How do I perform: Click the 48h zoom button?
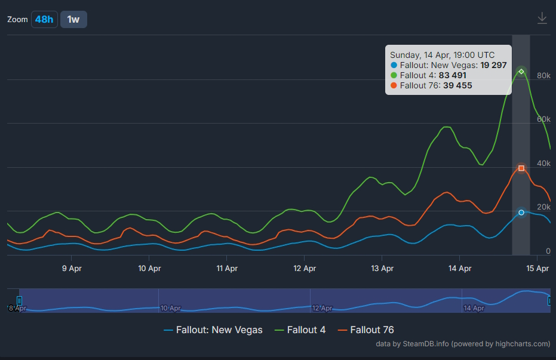point(44,19)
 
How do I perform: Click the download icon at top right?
point(542,19)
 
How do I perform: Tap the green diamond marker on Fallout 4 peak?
point(521,72)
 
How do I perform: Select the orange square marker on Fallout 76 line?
point(521,168)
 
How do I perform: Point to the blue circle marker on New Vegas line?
point(521,213)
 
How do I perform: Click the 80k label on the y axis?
point(543,76)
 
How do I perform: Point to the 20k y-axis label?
point(543,207)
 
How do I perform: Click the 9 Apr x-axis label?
point(72,269)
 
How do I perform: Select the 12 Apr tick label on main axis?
point(305,269)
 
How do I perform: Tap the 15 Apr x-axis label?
point(537,269)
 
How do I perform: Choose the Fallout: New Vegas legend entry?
point(213,330)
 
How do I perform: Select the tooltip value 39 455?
point(457,85)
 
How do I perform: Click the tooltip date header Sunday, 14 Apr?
point(442,55)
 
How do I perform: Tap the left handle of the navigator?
point(20,300)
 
